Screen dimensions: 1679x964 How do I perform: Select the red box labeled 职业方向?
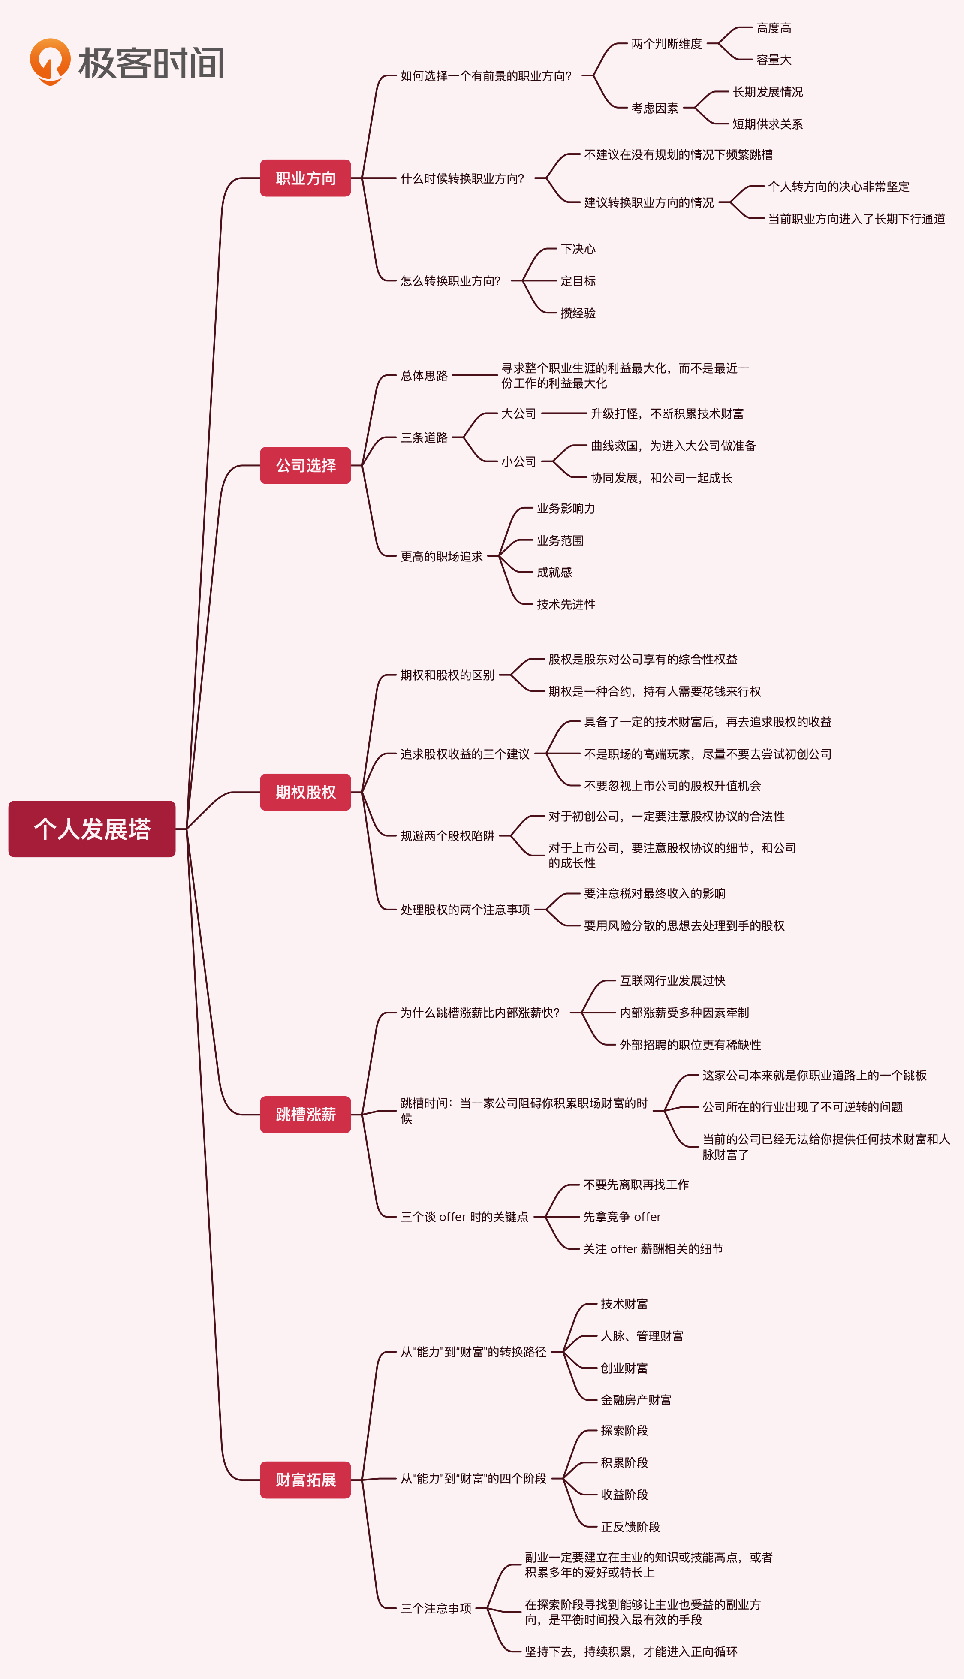pyautogui.click(x=305, y=178)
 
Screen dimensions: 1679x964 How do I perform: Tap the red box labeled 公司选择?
pyautogui.click(x=305, y=465)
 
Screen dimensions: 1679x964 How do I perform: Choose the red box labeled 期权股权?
pyautogui.click(x=305, y=792)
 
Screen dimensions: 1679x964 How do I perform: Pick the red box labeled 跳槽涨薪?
pyautogui.click(x=305, y=1114)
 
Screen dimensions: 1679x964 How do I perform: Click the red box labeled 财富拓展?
pyautogui.click(x=305, y=1480)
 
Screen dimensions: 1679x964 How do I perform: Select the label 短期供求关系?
pyautogui.click(x=767, y=124)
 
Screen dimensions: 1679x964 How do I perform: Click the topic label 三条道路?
pyautogui.click(x=424, y=437)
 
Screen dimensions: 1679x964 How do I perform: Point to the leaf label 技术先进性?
pyautogui.click(x=566, y=604)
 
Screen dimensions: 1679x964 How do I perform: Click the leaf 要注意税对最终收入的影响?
pyautogui.click(x=654, y=894)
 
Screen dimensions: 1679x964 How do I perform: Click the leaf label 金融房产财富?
pyautogui.click(x=636, y=1400)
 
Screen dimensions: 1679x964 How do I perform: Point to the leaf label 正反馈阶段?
pyautogui.click(x=630, y=1527)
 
